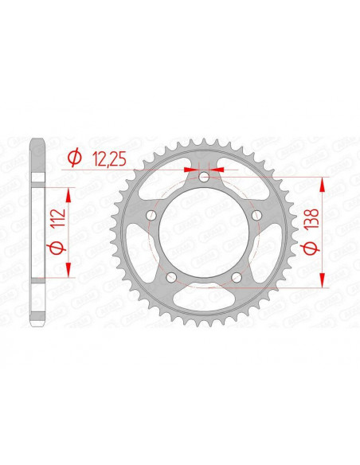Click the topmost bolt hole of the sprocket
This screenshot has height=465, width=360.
205,177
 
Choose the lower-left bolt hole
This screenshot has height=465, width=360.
170,277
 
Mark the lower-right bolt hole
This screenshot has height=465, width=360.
237,277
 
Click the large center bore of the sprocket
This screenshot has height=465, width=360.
203,232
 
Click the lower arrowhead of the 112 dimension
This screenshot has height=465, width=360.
69,271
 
